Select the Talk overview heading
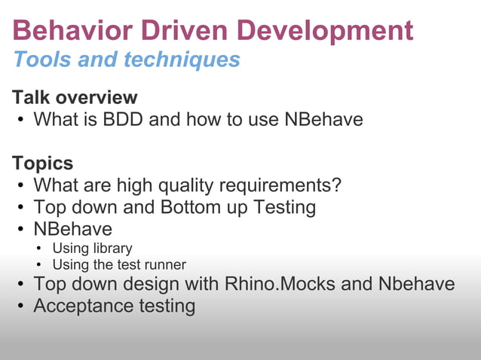pyautogui.click(x=75, y=97)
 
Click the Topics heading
pyautogui.click(x=42, y=163)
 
